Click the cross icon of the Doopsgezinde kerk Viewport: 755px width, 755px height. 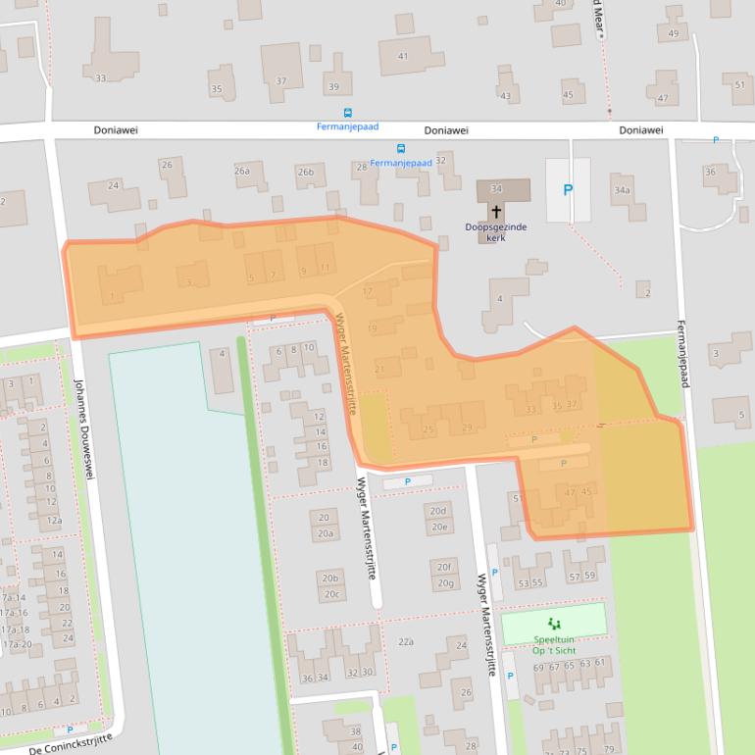click(x=496, y=211)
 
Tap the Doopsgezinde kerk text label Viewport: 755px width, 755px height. click(x=496, y=231)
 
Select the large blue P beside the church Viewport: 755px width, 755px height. click(x=567, y=190)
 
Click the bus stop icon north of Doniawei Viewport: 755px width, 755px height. click(x=347, y=114)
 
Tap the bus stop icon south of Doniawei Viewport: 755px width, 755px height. click(x=401, y=149)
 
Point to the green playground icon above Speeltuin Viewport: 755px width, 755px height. click(x=553, y=624)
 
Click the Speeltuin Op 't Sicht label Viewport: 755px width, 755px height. click(x=553, y=644)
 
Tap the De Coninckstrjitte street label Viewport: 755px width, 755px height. click(x=72, y=743)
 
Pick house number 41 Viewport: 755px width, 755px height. click(x=402, y=56)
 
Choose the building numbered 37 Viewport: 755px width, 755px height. click(x=281, y=81)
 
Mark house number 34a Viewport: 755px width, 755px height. click(x=621, y=189)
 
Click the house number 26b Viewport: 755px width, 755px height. click(x=306, y=172)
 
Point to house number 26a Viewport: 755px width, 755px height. click(x=242, y=171)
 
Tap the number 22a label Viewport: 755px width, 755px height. click(x=406, y=641)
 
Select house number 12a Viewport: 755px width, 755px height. click(x=54, y=520)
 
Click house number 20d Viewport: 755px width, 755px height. click(x=437, y=511)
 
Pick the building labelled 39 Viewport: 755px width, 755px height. click(x=333, y=87)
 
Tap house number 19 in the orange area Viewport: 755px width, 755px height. click(x=373, y=328)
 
